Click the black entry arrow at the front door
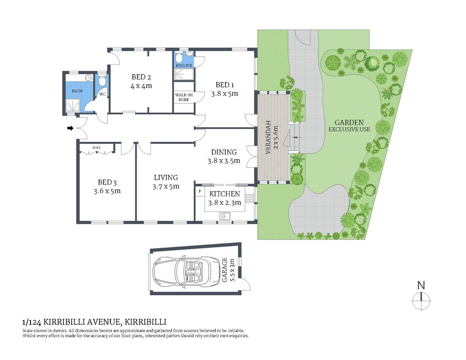click(x=70, y=128)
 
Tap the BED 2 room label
click(x=141, y=77)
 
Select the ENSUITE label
click(x=184, y=66)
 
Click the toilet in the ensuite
click(x=180, y=58)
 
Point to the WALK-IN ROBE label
click(x=184, y=97)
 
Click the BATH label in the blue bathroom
click(x=77, y=91)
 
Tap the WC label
click(x=102, y=94)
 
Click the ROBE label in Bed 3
click(x=96, y=148)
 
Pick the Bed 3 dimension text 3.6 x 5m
click(x=107, y=191)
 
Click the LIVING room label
click(x=166, y=178)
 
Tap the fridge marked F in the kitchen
click(x=200, y=192)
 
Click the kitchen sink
click(x=225, y=216)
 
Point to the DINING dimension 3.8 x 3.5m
click(x=224, y=161)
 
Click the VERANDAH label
click(x=268, y=137)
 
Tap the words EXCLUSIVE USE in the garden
click(x=349, y=129)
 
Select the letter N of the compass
click(x=421, y=285)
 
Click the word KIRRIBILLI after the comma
click(x=145, y=322)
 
